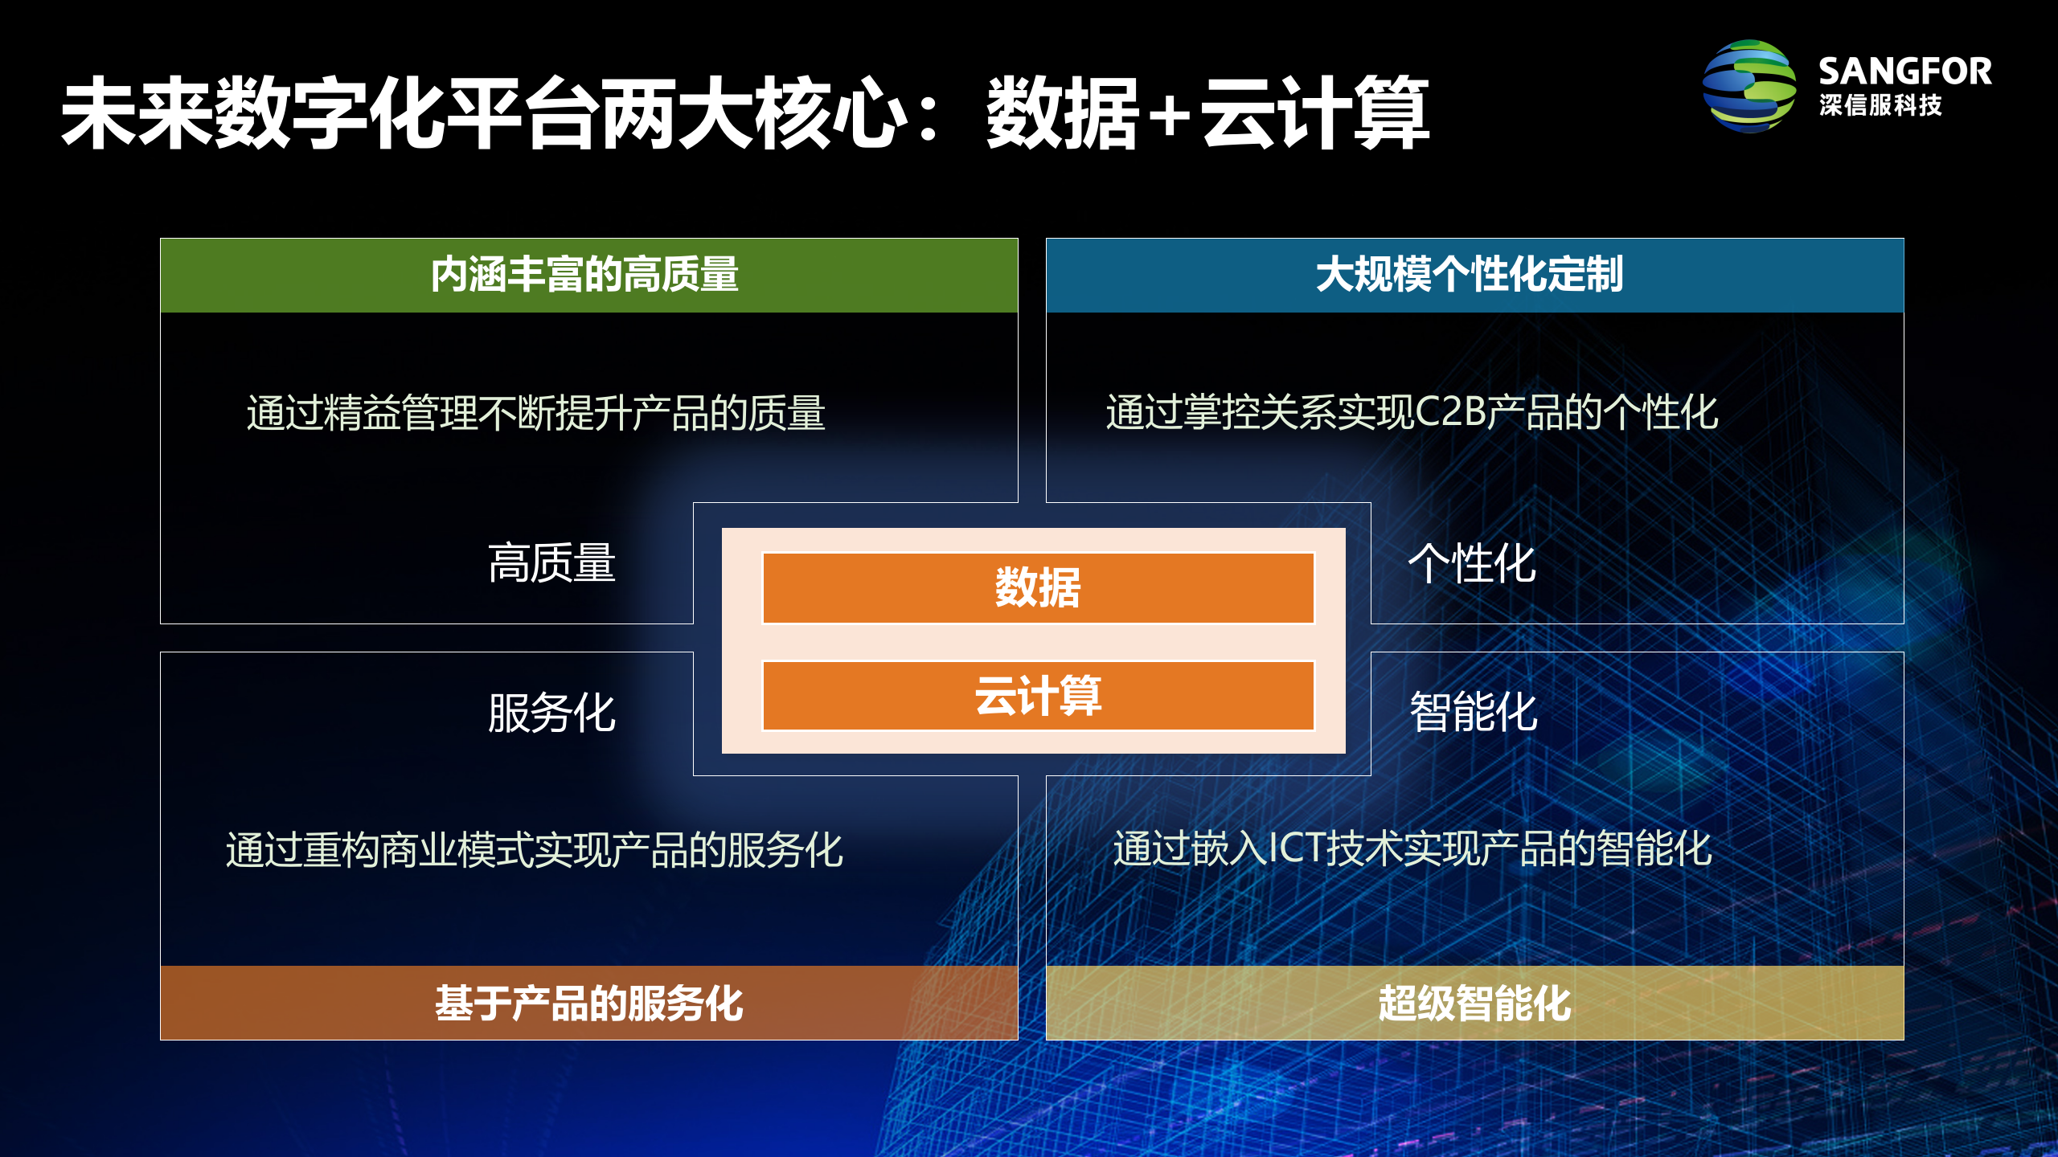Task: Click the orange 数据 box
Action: [1038, 588]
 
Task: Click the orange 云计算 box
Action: [1038, 696]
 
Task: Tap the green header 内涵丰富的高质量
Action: [588, 275]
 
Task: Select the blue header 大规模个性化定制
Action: [1474, 275]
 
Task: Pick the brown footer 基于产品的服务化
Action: [588, 1003]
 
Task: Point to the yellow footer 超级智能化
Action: [1474, 1003]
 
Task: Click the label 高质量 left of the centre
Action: [551, 562]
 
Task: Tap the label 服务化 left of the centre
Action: [551, 713]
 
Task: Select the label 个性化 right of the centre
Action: [1471, 562]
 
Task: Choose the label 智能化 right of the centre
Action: [1473, 713]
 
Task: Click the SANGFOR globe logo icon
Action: [1749, 86]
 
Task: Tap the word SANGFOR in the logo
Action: [1904, 72]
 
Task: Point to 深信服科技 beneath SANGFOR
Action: [1880, 105]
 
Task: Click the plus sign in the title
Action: [1170, 115]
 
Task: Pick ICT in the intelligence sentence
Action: [1296, 848]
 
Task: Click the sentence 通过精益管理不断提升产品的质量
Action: [535, 413]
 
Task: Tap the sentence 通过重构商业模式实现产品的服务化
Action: [534, 850]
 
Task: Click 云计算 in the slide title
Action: [1315, 113]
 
